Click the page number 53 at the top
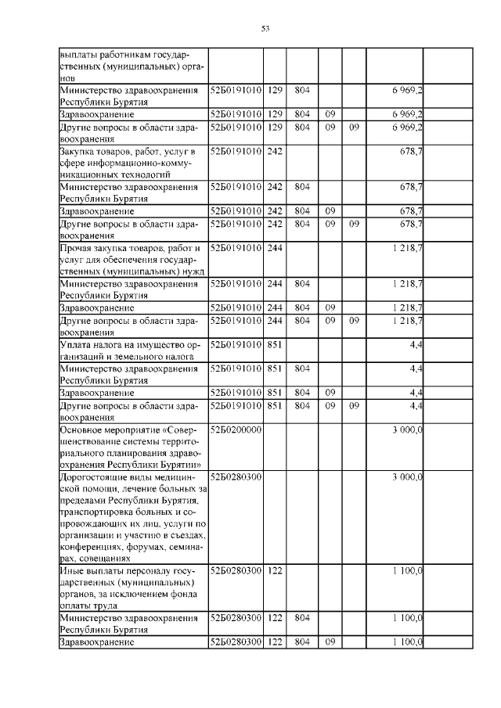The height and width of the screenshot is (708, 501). click(x=265, y=29)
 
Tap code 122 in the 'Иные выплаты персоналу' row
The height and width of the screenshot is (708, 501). click(x=274, y=571)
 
